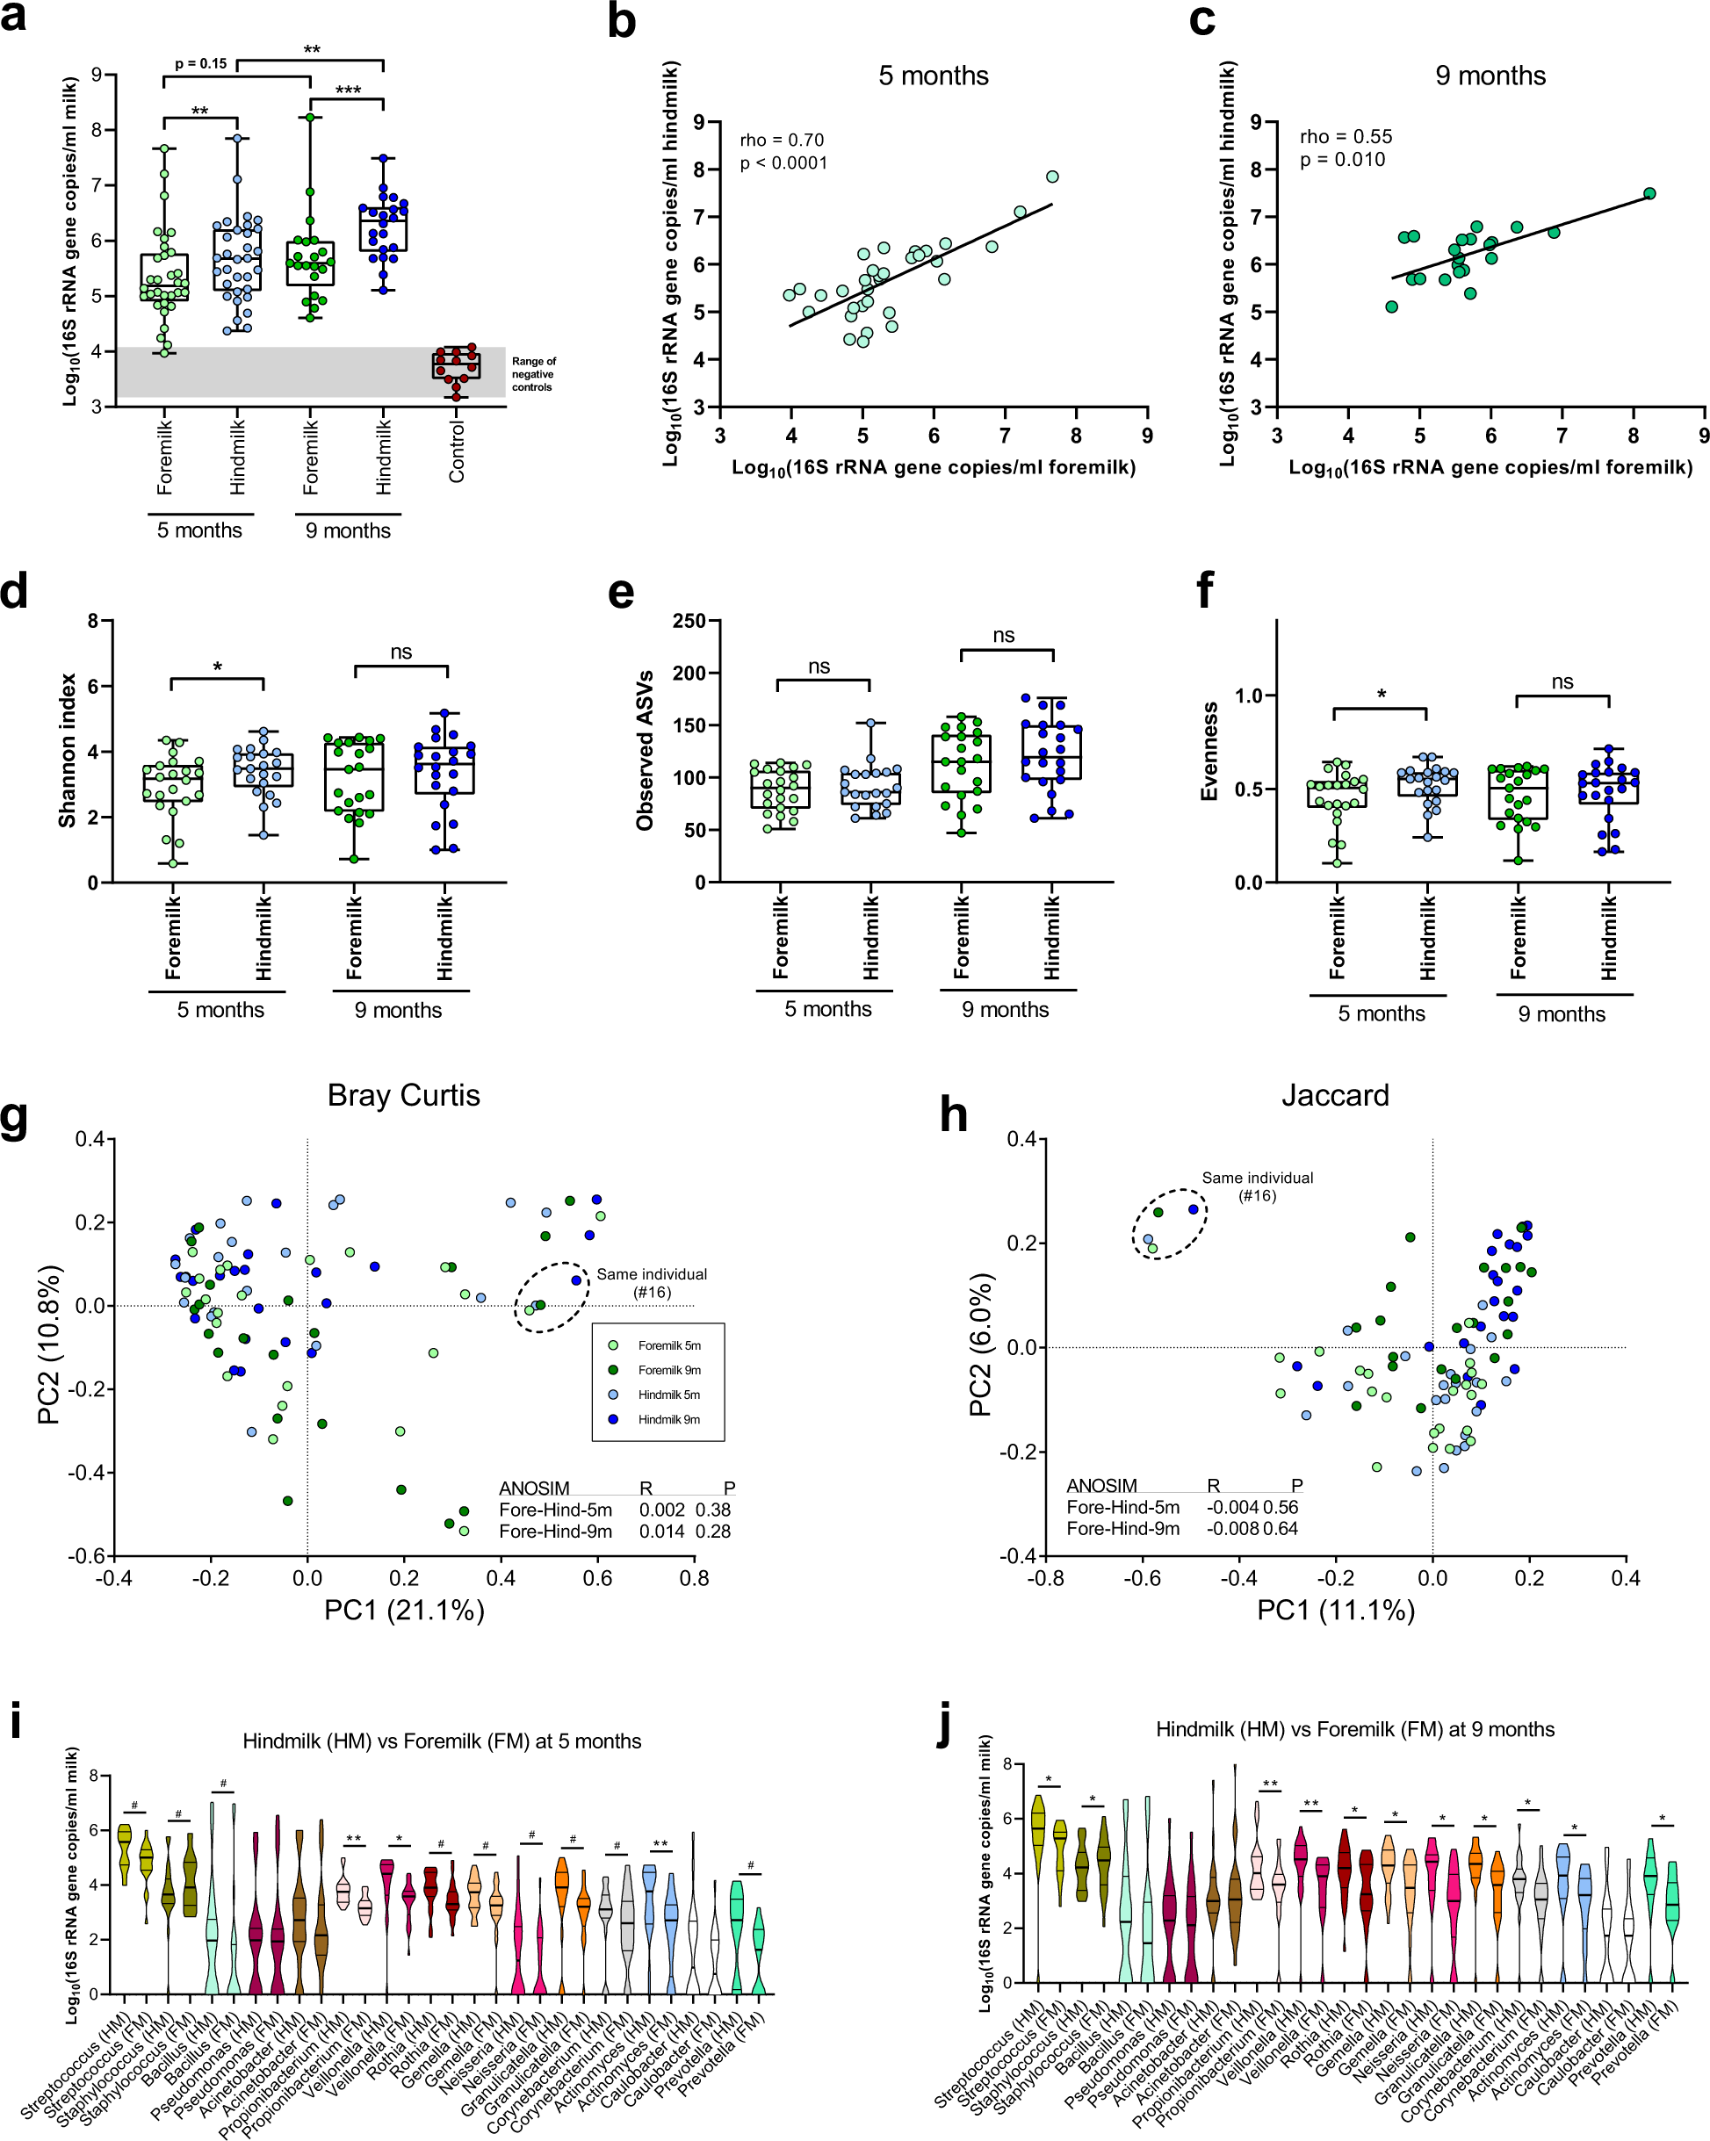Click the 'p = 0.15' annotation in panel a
click(x=199, y=63)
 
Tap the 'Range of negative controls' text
click(x=533, y=374)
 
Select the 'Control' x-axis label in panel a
click(x=457, y=452)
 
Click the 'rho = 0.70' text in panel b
click(x=782, y=140)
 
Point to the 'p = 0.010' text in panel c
click(x=1343, y=160)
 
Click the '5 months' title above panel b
click(x=933, y=76)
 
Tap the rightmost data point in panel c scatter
click(x=1649, y=194)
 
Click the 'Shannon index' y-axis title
click(x=68, y=751)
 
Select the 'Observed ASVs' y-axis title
click(x=646, y=751)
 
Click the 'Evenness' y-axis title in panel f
click(x=1209, y=751)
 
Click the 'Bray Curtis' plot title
click(x=403, y=1095)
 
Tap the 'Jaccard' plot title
click(x=1335, y=1095)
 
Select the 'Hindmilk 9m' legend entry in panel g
click(x=668, y=1419)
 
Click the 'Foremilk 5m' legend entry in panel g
click(x=668, y=1345)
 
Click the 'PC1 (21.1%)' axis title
click(x=404, y=1610)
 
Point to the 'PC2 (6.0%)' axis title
click(x=980, y=1347)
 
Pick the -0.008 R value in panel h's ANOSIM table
click(x=1232, y=1528)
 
